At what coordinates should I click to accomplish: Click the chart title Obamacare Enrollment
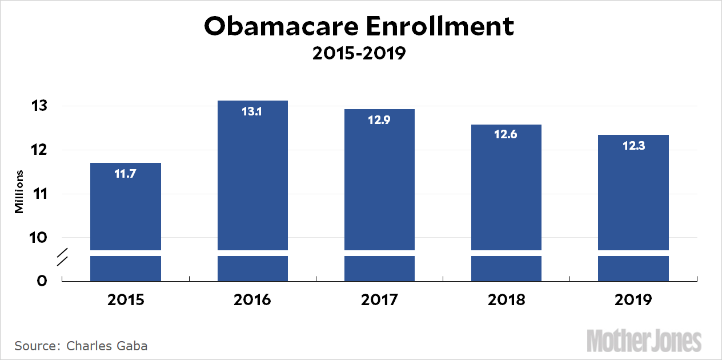(x=359, y=27)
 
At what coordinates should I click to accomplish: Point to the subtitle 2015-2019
(x=359, y=54)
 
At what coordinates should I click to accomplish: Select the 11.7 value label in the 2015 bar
(x=126, y=173)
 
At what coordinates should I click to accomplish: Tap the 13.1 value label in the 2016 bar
(x=252, y=111)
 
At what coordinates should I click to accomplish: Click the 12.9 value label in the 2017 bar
(x=379, y=120)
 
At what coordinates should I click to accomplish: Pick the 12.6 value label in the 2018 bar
(x=506, y=135)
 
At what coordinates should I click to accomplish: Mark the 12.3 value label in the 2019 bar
(x=633, y=146)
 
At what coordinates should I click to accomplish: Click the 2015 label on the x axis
(x=126, y=300)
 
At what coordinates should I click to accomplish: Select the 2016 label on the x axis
(x=252, y=300)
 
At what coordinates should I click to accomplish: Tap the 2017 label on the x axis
(x=380, y=300)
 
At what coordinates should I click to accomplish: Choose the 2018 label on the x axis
(x=507, y=300)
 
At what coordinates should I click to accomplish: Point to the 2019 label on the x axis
(x=633, y=300)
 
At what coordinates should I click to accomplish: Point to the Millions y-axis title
(x=19, y=191)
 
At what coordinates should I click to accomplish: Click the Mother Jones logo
(x=644, y=341)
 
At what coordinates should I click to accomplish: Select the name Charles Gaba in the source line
(x=107, y=346)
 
